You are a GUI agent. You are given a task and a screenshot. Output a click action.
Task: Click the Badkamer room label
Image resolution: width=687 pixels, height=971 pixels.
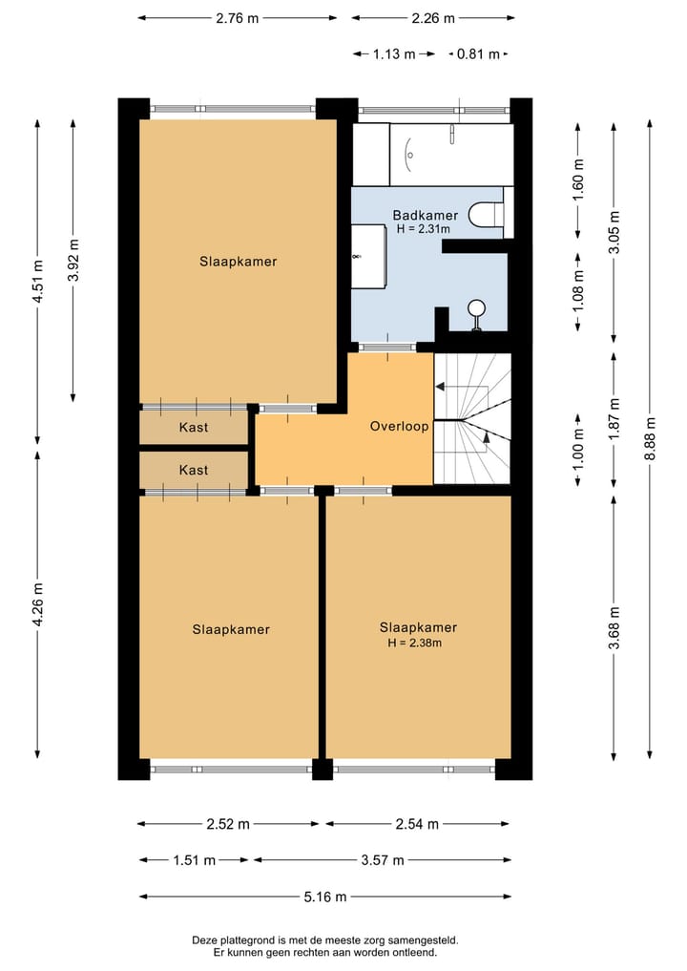tap(426, 215)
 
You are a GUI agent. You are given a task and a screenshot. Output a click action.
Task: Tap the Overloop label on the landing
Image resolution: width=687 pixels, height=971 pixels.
tap(399, 426)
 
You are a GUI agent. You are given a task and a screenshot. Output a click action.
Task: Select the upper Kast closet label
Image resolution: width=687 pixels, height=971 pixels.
tap(193, 427)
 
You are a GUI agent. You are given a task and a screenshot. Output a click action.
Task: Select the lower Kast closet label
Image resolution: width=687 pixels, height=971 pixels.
tap(193, 470)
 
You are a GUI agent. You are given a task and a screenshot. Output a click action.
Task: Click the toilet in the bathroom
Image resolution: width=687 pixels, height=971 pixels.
tap(486, 214)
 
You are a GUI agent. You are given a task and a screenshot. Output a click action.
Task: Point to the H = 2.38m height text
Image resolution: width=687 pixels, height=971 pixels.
tap(415, 643)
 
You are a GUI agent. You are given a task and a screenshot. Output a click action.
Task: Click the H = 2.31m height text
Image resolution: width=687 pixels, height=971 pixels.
tap(424, 229)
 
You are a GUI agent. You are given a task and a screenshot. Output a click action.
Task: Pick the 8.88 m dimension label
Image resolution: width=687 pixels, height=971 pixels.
tap(650, 438)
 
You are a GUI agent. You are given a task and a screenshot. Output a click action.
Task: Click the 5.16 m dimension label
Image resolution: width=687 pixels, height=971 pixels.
tap(325, 897)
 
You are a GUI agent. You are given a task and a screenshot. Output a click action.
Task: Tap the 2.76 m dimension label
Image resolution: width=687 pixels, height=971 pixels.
tap(237, 18)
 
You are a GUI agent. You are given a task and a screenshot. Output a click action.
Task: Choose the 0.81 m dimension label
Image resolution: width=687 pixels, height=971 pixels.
tap(478, 53)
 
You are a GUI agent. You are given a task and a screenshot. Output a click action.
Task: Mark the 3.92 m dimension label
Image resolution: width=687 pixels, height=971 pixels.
tap(73, 260)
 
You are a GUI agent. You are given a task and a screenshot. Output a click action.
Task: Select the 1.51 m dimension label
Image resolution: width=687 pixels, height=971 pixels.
tap(195, 860)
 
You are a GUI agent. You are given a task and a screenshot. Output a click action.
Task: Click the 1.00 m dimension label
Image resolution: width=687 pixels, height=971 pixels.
tap(578, 449)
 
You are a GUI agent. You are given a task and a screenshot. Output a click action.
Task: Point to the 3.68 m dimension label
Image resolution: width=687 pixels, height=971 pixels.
tap(614, 628)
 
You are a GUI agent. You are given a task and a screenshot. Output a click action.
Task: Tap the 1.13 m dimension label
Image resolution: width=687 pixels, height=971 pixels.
tap(394, 53)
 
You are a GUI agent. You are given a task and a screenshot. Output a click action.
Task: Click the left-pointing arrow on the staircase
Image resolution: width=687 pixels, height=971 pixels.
tap(440, 387)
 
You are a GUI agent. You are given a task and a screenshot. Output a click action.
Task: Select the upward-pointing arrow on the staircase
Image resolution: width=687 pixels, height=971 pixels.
tap(487, 436)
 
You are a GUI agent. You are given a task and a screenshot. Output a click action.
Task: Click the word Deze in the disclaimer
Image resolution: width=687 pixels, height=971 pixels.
tap(203, 940)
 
